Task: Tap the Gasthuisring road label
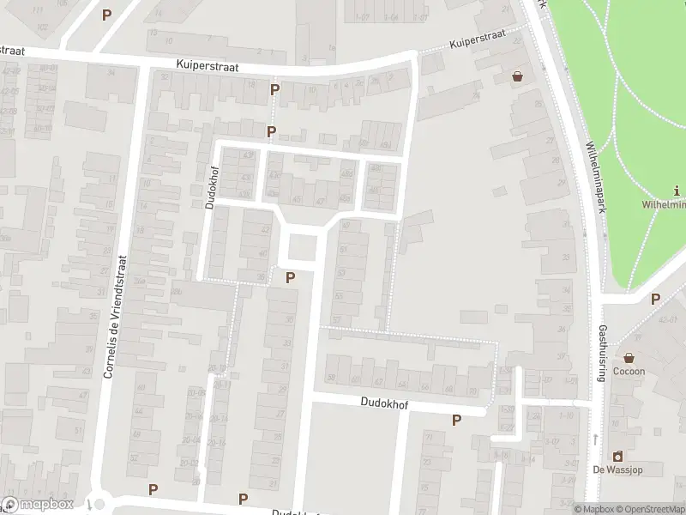coord(602,354)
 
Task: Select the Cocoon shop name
coord(629,372)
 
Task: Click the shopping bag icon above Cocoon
coord(629,357)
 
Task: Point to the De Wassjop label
coord(616,470)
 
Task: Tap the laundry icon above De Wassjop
coord(616,456)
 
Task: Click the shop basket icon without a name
coord(517,76)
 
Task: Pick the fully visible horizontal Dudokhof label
coord(383,401)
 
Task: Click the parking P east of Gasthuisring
coord(655,299)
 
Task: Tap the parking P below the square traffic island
coord(290,277)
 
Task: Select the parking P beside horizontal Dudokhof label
coord(456,420)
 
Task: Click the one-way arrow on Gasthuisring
coord(595,439)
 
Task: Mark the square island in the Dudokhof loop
coord(301,247)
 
